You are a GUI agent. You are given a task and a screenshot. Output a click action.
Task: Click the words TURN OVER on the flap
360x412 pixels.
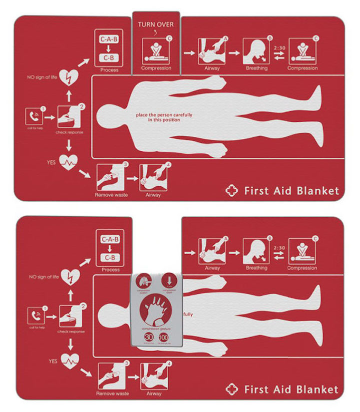tap(156, 23)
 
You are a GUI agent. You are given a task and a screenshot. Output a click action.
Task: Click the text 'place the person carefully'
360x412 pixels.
tap(164, 114)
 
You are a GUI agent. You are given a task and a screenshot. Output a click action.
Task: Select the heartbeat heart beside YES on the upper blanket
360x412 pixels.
tap(68, 161)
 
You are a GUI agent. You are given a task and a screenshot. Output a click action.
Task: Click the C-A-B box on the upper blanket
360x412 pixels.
tap(110, 39)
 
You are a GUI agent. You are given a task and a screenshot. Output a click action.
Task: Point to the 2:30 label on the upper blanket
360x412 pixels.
tap(280, 48)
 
